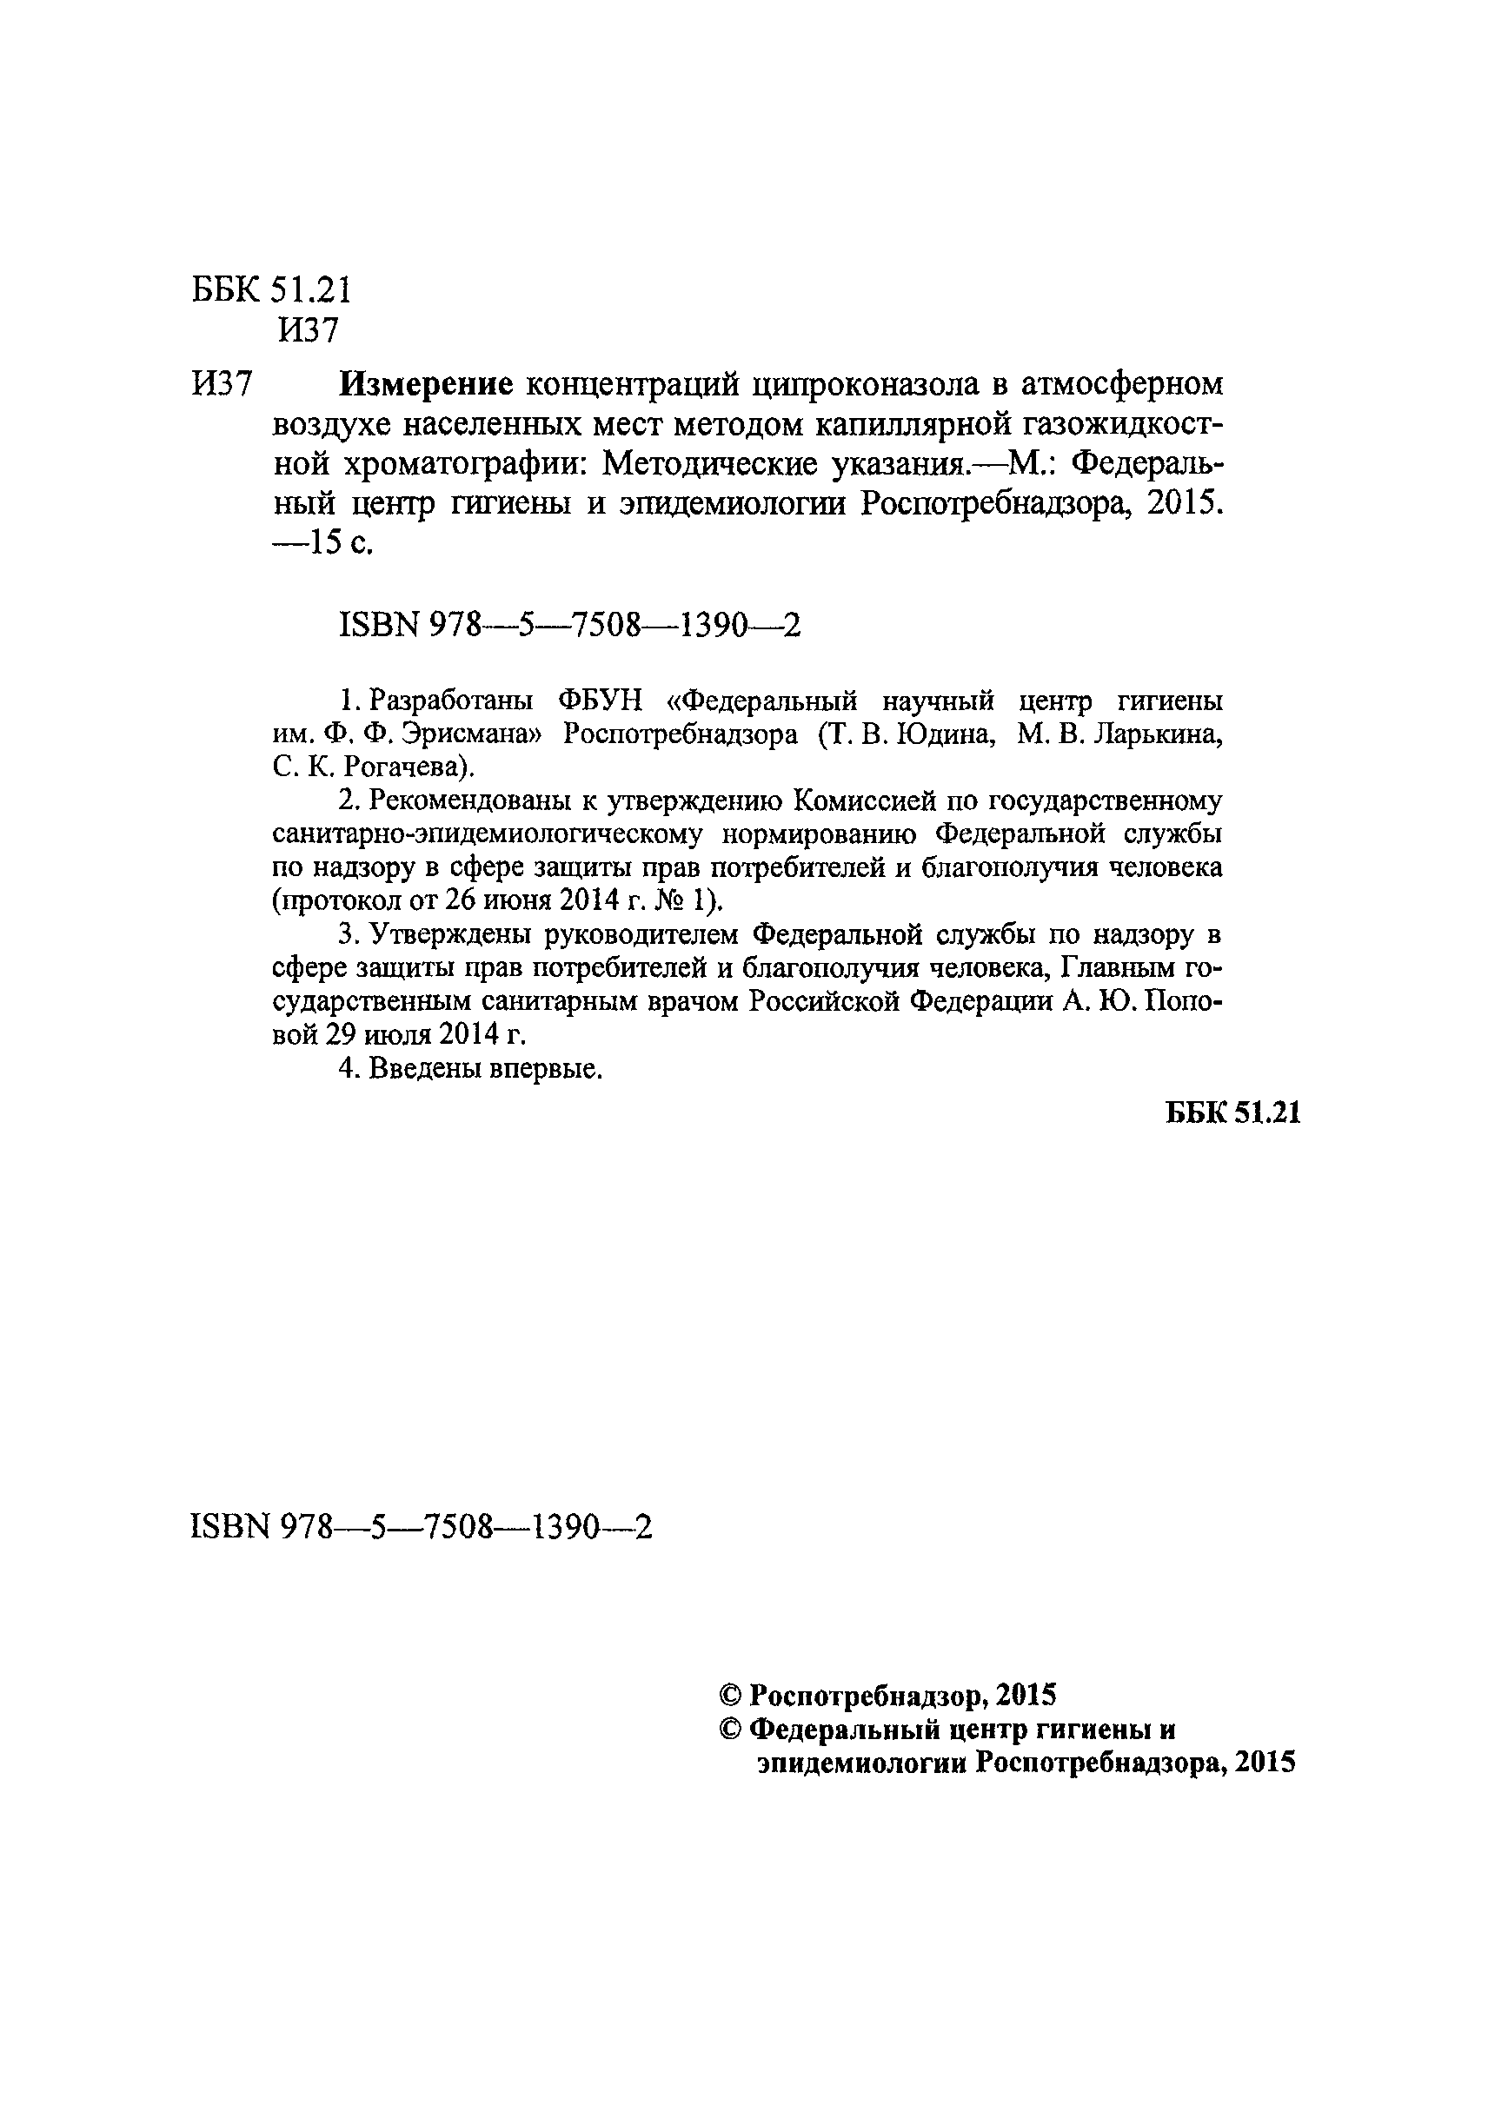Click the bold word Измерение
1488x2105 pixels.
[x=425, y=384]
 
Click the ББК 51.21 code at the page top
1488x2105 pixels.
[x=271, y=290]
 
